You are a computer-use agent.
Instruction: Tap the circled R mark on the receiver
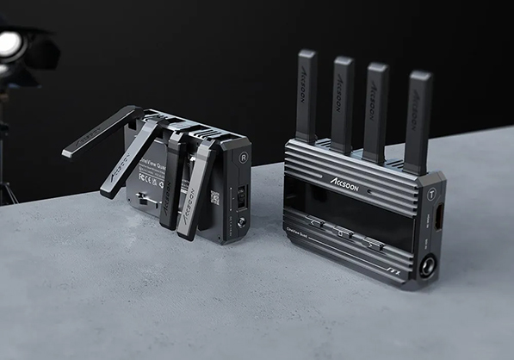tap(246, 159)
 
